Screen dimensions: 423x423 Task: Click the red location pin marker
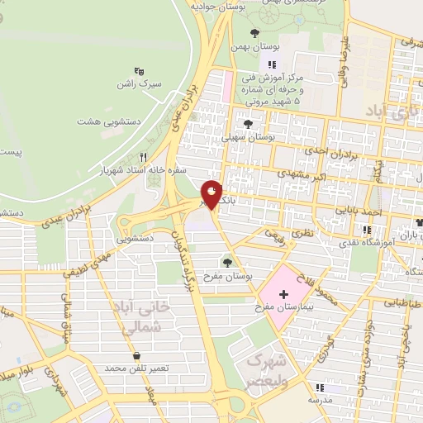coord(211,193)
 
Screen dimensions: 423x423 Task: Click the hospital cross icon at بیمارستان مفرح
coord(284,294)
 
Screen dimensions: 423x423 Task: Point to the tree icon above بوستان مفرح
coord(227,262)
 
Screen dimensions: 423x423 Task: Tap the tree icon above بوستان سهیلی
coord(248,123)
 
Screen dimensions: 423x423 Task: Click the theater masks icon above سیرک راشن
coord(140,72)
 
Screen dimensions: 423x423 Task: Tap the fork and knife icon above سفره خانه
coord(143,157)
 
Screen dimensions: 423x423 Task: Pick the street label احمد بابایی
coord(361,211)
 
